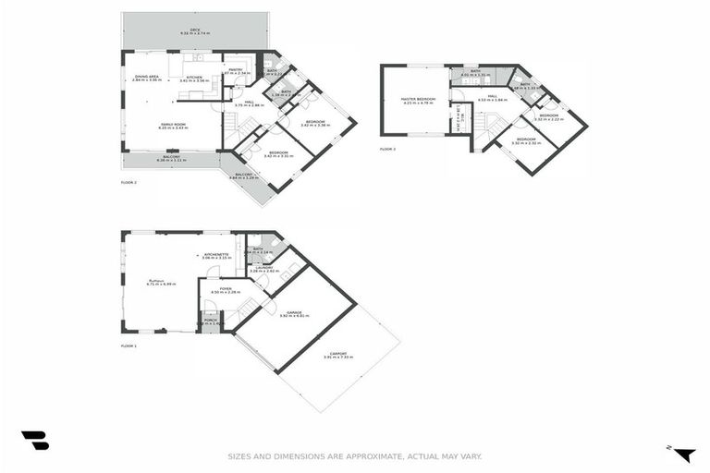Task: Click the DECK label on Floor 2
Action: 195,30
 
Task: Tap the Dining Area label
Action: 147,78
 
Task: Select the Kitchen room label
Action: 194,78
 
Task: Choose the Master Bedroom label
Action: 419,99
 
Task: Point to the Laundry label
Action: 264,268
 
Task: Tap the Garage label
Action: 294,313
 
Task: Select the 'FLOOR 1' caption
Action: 129,346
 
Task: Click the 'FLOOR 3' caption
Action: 387,149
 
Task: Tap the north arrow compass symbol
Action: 683,453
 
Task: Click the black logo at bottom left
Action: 35,441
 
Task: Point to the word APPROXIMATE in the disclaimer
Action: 352,455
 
